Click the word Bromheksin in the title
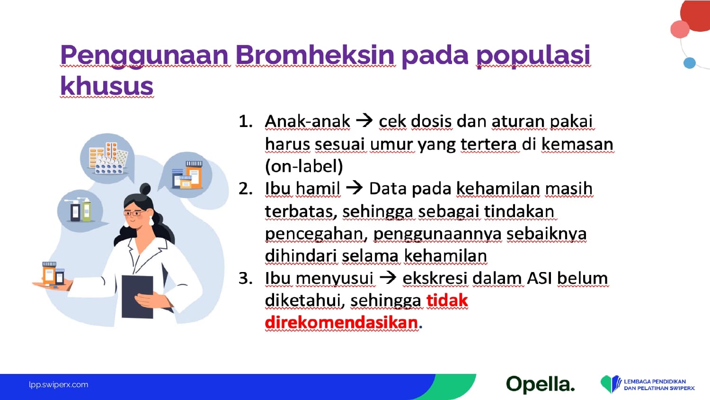[315, 55]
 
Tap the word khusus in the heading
[107, 85]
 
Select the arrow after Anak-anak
[364, 121]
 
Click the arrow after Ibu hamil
[355, 188]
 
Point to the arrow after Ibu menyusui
[388, 277]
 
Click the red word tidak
[447, 300]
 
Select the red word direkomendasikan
[341, 323]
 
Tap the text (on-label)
[304, 166]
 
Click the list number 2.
[246, 189]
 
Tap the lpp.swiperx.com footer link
[59, 385]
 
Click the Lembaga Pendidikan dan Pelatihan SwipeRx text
[659, 385]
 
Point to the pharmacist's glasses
[134, 213]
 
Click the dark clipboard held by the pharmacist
[138, 297]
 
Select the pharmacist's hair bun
[145, 189]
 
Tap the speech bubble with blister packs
[107, 158]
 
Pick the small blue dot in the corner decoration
[689, 63]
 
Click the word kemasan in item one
[577, 144]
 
